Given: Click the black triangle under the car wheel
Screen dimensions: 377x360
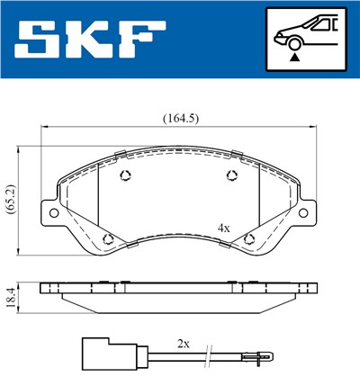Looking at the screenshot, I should click(294, 58).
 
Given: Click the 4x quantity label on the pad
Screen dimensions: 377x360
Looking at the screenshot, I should click(224, 229).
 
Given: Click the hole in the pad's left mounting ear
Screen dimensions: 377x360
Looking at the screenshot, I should click(53, 212).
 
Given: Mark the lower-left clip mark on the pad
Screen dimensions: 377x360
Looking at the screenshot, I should click(108, 238).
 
